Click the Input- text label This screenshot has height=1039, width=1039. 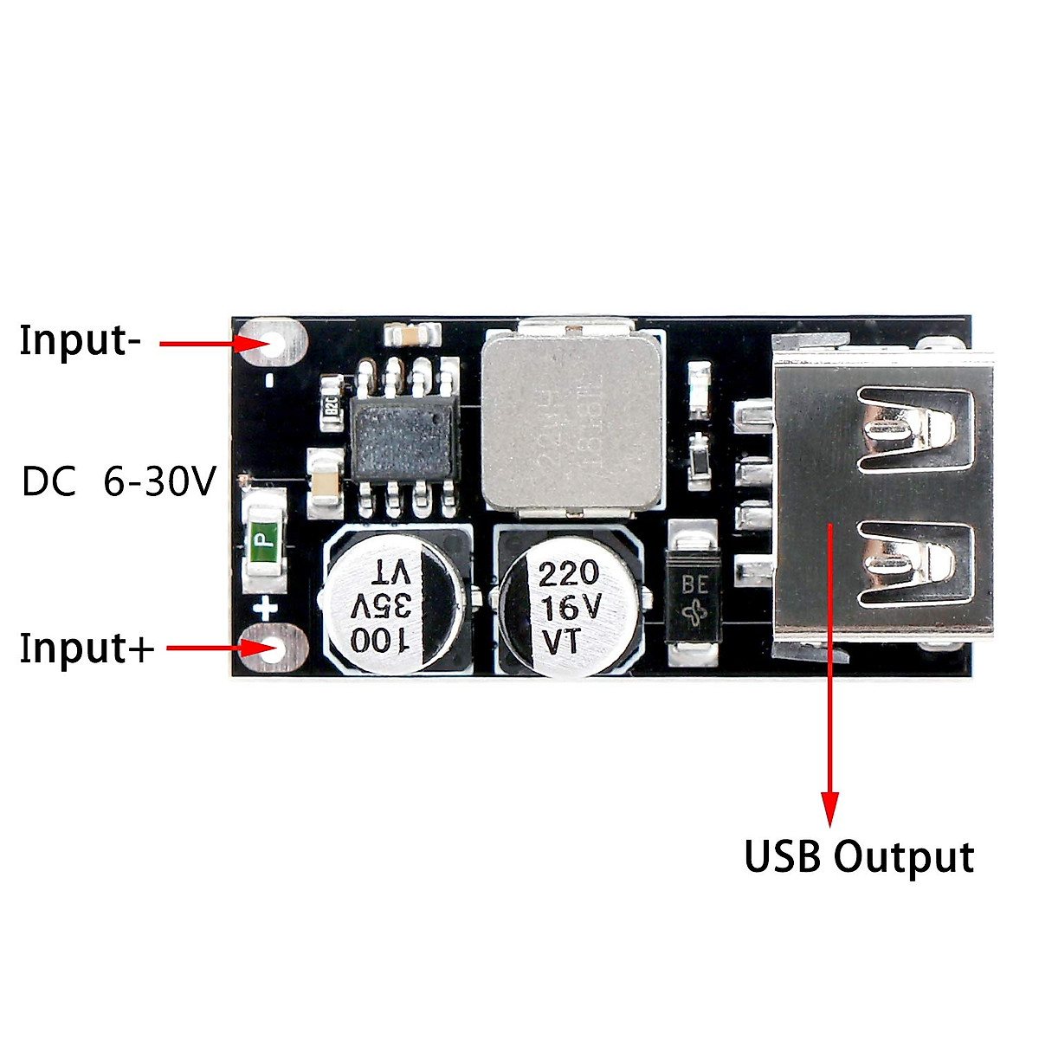coord(80,339)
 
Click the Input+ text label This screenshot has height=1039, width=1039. coord(87,648)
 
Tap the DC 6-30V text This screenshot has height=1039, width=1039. coord(119,482)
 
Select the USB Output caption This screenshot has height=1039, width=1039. coord(859,856)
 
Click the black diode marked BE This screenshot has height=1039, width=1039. coord(694,597)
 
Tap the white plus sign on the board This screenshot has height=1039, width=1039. coord(265,608)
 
